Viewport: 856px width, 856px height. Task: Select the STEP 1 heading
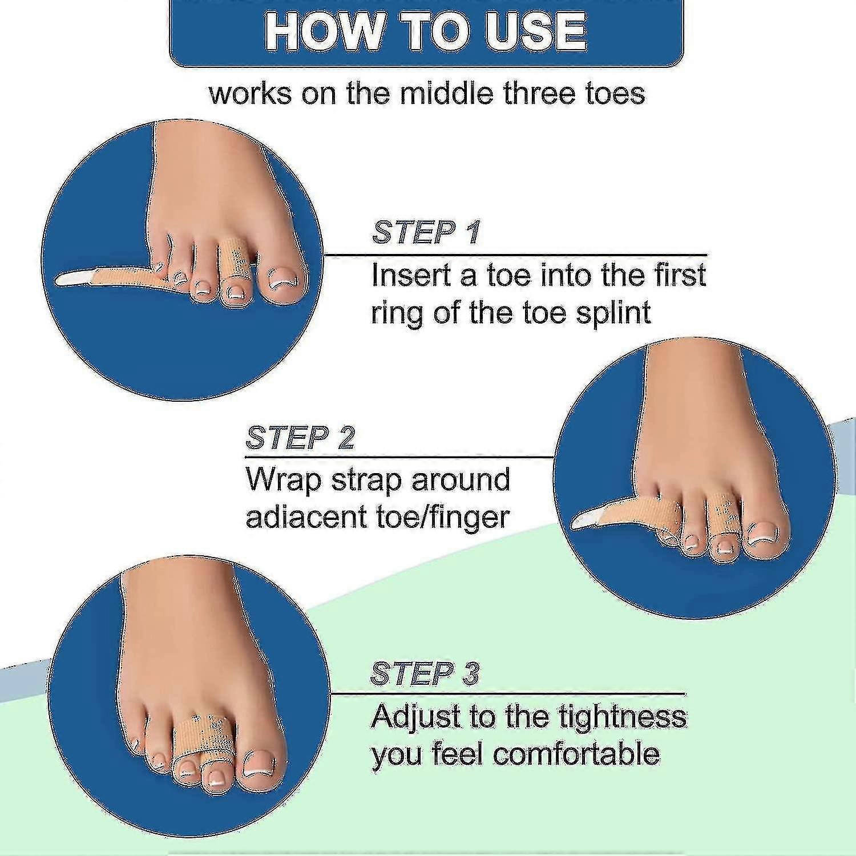click(426, 232)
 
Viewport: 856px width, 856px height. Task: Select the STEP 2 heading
click(300, 438)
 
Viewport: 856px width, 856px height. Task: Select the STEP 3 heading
click(425, 674)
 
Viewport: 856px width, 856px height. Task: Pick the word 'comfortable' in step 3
click(576, 754)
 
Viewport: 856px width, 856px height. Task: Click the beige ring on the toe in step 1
click(233, 257)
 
